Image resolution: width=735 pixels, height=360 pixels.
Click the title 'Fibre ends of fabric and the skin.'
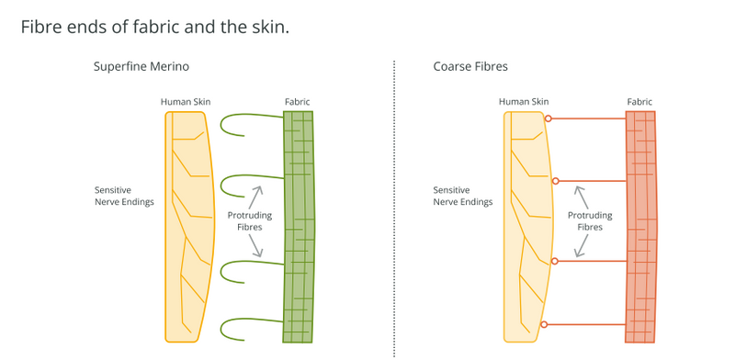[x=154, y=28]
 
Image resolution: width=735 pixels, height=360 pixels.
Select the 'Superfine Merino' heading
[x=141, y=66]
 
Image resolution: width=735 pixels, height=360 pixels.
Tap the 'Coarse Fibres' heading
[x=470, y=66]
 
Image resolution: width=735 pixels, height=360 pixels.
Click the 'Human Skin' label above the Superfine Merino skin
[x=186, y=102]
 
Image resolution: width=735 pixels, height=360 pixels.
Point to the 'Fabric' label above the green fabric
[x=297, y=102]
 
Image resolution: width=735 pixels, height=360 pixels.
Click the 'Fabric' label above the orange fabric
[x=639, y=102]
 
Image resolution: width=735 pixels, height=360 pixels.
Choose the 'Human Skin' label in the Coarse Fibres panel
[x=524, y=102]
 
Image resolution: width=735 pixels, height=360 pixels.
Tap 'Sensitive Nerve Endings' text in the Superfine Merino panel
[x=124, y=197]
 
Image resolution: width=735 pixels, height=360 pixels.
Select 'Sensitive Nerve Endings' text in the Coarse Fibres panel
[x=463, y=197]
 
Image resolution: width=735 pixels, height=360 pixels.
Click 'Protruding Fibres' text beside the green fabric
[x=249, y=221]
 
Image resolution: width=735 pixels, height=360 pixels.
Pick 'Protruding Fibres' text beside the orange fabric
[x=590, y=221]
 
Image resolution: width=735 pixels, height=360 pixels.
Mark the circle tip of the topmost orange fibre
[x=548, y=118]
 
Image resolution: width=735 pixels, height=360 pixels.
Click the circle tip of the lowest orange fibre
[x=544, y=324]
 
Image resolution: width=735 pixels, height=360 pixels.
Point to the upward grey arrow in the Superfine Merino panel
[x=254, y=197]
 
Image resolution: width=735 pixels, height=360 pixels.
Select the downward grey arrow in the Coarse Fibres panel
[x=582, y=245]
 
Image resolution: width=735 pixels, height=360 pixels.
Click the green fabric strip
[x=299, y=227]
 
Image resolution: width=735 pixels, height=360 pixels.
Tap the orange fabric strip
[x=640, y=227]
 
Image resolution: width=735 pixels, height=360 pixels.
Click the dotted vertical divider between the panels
[x=394, y=208]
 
